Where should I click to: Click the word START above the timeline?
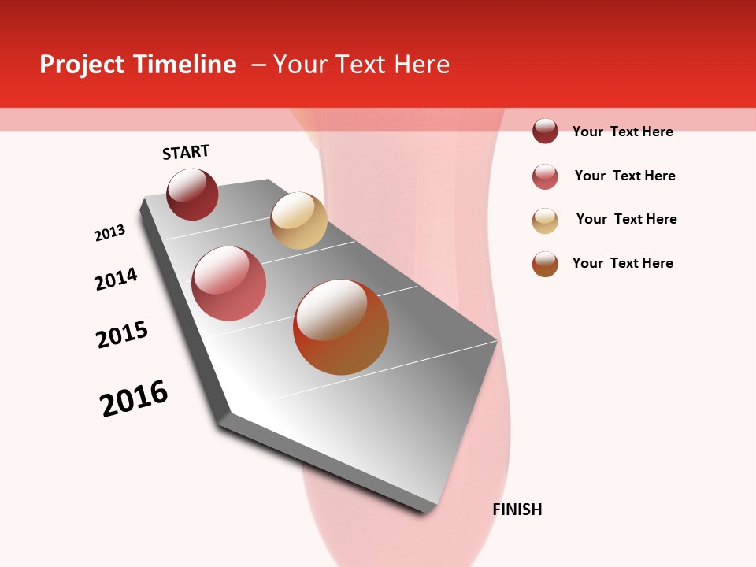[186, 152]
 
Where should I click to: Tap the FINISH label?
[517, 510]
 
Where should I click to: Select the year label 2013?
[110, 233]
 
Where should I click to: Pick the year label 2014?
[117, 279]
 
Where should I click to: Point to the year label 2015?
[122, 335]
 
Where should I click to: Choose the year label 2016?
[134, 398]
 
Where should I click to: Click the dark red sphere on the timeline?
[192, 195]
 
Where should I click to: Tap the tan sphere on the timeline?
[298, 220]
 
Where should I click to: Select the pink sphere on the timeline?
[229, 283]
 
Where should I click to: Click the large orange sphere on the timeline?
[341, 327]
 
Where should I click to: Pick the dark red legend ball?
[545, 131]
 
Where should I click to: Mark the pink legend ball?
[545, 176]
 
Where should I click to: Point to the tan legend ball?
[545, 220]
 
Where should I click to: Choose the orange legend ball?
[545, 264]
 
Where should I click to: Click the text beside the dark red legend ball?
[622, 132]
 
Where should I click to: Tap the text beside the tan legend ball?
[626, 219]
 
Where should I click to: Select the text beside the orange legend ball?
[622, 263]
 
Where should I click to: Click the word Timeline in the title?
[184, 65]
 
